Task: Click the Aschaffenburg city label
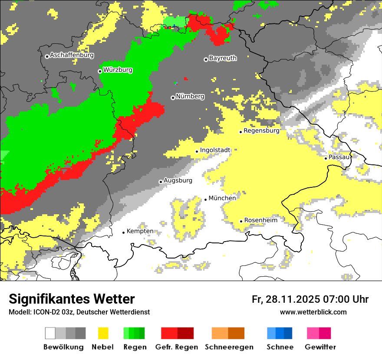[x=72, y=56]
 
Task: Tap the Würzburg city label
[x=118, y=70]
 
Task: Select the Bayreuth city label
[x=223, y=58]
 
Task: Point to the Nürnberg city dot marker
[x=173, y=98]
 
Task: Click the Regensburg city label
[x=261, y=131]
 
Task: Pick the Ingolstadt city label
[x=215, y=150]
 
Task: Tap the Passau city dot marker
[x=326, y=158]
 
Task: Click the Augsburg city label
[x=178, y=180]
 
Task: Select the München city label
[x=222, y=198]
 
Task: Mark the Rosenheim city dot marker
[x=241, y=221]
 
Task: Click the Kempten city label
[x=140, y=231]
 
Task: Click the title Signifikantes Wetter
[x=72, y=299]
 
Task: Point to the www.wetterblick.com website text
[x=313, y=312]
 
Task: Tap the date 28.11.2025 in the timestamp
[x=292, y=299]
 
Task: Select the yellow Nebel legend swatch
[x=103, y=333]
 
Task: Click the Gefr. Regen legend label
[x=177, y=347]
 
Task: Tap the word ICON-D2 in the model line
[x=45, y=312]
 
